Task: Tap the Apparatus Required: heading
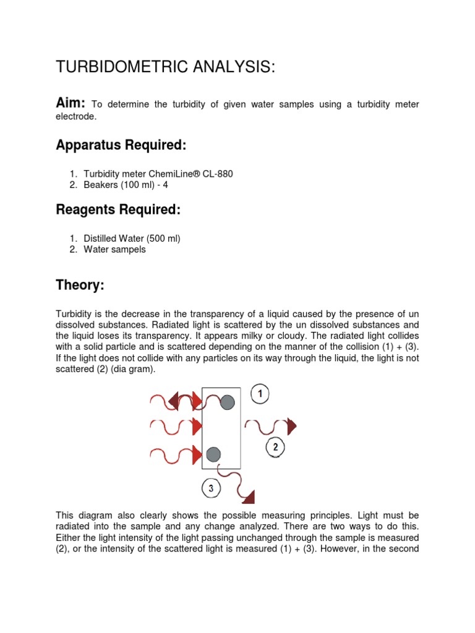[121, 145]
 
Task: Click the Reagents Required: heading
[118, 210]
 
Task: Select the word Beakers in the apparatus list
[100, 185]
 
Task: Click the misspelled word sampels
[129, 250]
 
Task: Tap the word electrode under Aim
[75, 116]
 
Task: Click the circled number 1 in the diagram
[260, 393]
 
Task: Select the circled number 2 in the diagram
[276, 446]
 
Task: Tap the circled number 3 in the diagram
[212, 489]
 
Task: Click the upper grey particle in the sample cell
[228, 402]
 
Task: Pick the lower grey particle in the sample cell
[213, 454]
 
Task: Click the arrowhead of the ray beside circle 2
[291, 426]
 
